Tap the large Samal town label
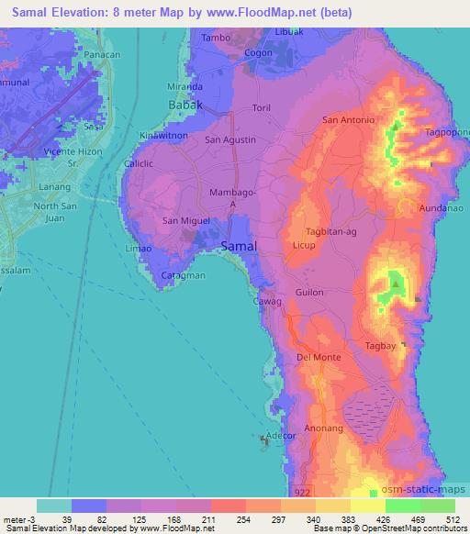tap(240, 246)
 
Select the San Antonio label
tap(348, 120)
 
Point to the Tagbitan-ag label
tap(331, 231)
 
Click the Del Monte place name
tap(319, 358)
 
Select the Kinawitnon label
tap(163, 137)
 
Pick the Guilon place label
tap(310, 292)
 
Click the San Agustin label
tap(229, 139)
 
